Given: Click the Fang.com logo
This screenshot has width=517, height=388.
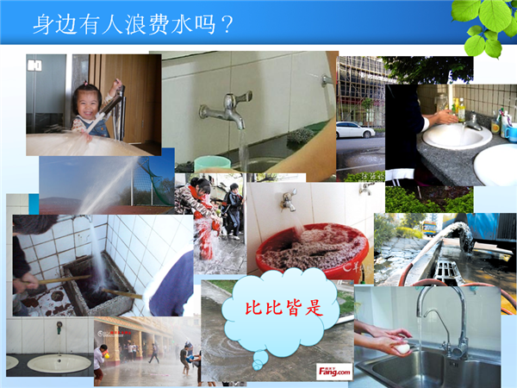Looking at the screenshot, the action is [x=334, y=372].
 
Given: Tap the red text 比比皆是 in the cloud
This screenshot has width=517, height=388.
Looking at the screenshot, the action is [x=283, y=308].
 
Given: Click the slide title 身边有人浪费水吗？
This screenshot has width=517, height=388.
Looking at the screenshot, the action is [x=134, y=24].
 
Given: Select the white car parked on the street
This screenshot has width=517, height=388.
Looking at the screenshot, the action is [x=355, y=129].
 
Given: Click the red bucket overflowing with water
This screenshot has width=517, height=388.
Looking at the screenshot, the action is [x=312, y=251].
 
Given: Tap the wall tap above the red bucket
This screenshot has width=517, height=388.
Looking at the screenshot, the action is [x=289, y=200].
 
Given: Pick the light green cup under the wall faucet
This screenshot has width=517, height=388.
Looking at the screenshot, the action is [x=212, y=164].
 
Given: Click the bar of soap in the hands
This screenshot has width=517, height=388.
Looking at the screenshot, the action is [x=402, y=348].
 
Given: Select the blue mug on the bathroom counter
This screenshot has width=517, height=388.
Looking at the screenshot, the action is [x=510, y=133].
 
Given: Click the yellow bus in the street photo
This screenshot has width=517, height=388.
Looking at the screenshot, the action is [x=430, y=228].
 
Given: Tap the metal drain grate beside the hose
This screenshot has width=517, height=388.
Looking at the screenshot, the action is [x=445, y=272].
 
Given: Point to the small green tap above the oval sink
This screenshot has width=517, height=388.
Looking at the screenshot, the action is [x=59, y=328].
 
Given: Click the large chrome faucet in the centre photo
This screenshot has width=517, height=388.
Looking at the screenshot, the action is [x=227, y=110].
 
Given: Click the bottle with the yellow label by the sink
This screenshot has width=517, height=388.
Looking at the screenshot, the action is [x=461, y=110].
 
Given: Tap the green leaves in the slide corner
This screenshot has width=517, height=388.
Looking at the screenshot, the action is [x=484, y=27].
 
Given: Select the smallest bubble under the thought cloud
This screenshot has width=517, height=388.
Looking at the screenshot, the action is [x=257, y=366].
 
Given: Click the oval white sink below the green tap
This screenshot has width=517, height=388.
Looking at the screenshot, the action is [x=59, y=363].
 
